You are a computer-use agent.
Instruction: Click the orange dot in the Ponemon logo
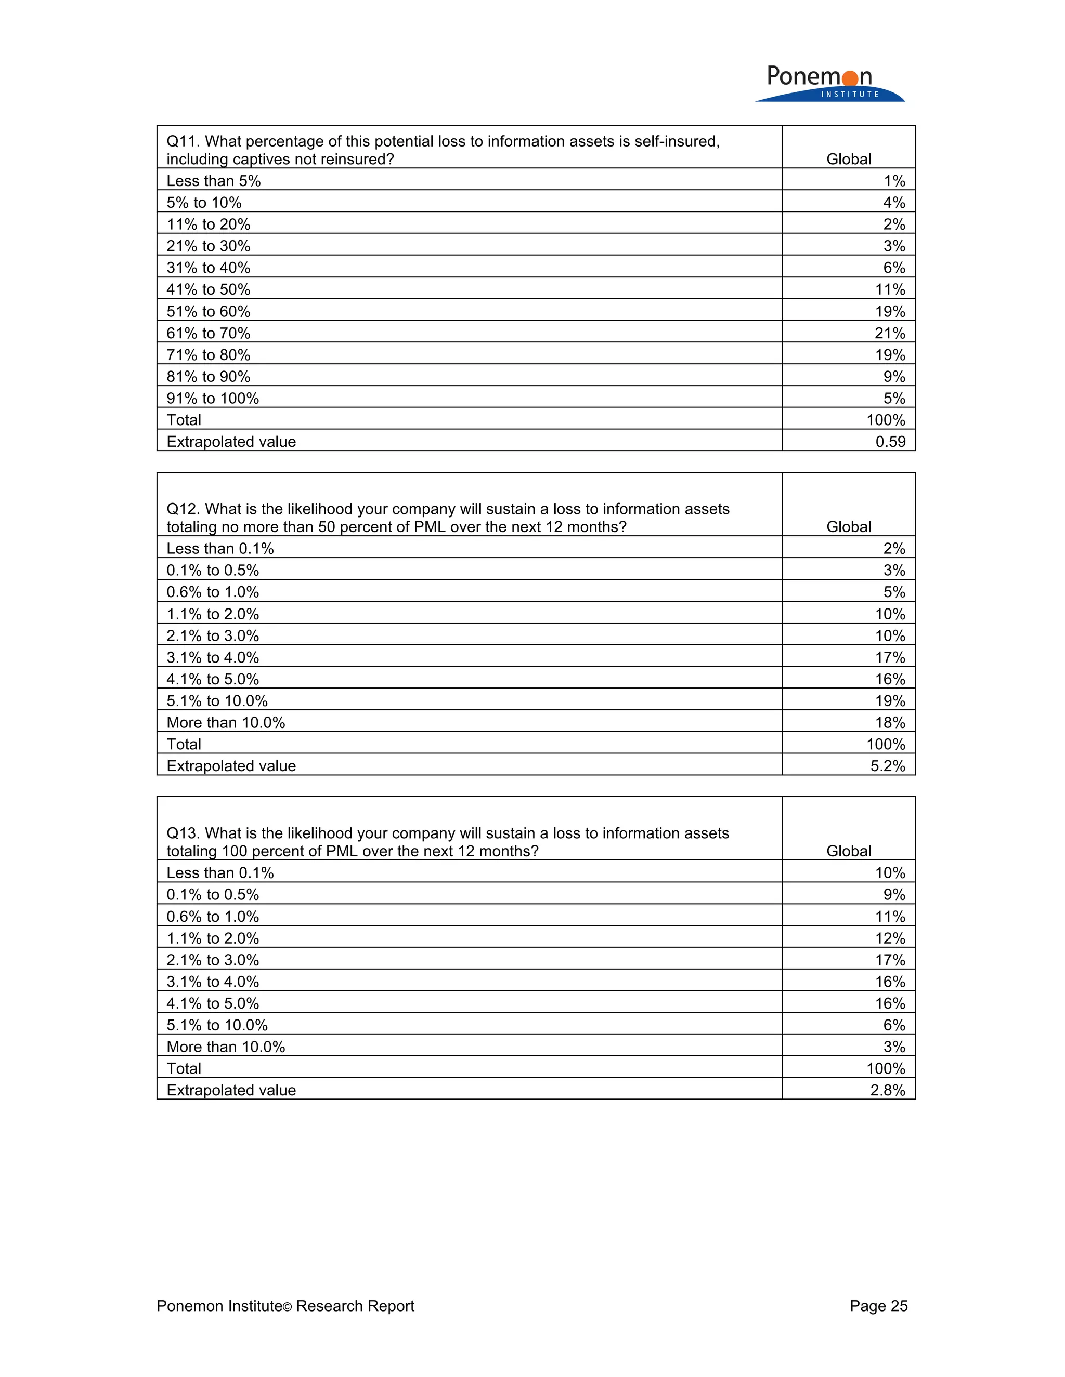[850, 78]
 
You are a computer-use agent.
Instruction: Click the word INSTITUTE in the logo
[850, 95]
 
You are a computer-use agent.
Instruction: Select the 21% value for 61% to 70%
[890, 333]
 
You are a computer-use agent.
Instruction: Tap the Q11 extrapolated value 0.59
[890, 441]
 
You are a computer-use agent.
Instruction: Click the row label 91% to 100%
[213, 399]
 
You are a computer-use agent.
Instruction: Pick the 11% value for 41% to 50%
[890, 289]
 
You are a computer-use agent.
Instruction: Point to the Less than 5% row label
[213, 181]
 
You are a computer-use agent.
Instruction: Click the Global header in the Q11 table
[849, 159]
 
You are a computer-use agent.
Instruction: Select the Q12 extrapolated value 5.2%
[888, 766]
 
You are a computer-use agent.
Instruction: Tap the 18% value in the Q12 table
[890, 723]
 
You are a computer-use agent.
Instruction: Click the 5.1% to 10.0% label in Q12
[217, 701]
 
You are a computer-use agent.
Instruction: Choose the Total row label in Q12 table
[184, 745]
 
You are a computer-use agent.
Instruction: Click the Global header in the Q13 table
[849, 851]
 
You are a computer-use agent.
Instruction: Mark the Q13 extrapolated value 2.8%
[888, 1090]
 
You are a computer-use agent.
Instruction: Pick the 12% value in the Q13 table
[890, 938]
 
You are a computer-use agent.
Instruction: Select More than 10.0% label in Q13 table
[226, 1047]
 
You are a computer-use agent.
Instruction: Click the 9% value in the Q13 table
[894, 895]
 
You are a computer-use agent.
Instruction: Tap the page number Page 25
[878, 1306]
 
